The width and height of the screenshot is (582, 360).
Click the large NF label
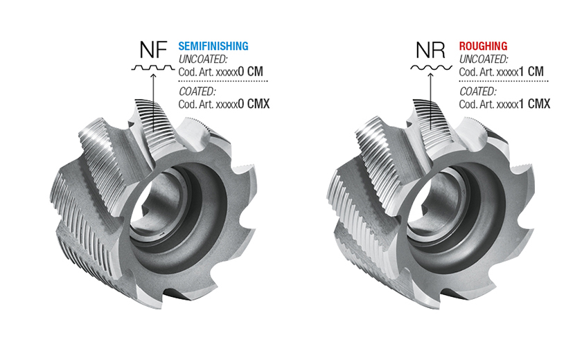click(x=153, y=50)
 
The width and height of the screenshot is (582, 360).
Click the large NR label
click(x=430, y=50)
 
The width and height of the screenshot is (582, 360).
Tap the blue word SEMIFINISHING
click(x=213, y=46)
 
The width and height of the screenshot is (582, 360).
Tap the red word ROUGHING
click(x=484, y=46)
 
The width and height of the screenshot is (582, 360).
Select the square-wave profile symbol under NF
click(x=153, y=68)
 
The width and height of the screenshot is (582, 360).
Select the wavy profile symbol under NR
click(x=431, y=68)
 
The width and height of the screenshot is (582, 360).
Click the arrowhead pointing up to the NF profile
click(x=153, y=75)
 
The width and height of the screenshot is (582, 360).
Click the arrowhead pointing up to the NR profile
click(x=430, y=75)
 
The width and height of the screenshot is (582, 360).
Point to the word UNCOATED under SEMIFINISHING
click(x=202, y=59)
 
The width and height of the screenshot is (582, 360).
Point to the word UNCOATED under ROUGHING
click(x=484, y=59)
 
